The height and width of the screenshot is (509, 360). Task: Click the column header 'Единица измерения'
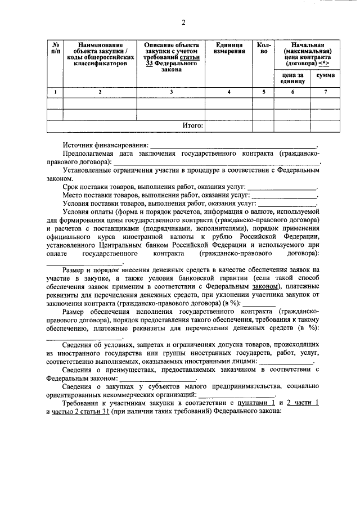coord(229,48)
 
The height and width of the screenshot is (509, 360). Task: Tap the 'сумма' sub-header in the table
coord(326,74)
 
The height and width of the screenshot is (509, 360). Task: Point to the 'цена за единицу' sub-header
coord(292,78)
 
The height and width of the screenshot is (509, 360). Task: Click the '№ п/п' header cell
coord(56,48)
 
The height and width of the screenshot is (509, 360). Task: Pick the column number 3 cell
coord(171,92)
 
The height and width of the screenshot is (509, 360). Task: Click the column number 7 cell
coord(326,92)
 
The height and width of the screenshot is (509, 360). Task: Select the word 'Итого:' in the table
coord(192,125)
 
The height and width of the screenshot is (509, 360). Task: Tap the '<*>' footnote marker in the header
coord(323,65)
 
